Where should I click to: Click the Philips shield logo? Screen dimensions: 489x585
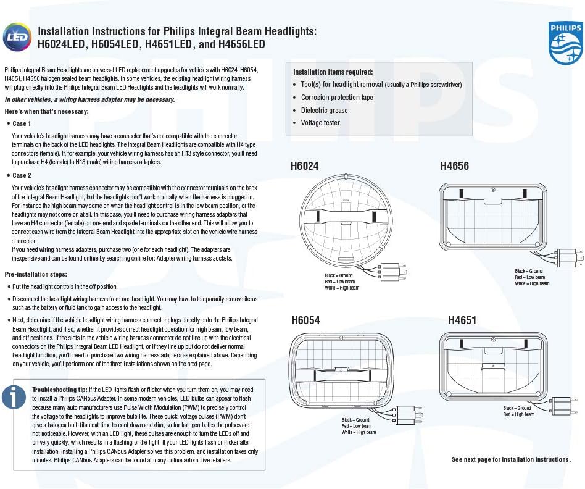tap(565, 43)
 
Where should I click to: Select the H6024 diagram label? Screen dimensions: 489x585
tap(304, 165)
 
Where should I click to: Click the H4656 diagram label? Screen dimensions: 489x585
tap(454, 165)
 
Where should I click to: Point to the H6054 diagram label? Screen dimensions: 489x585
tap(305, 320)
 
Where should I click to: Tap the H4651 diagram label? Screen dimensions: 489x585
tap(462, 320)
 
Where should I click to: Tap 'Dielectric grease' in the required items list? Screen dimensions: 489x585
tap(324, 111)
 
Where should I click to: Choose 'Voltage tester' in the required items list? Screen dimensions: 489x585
tap(320, 123)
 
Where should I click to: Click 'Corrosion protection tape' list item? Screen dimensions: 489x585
tap(337, 98)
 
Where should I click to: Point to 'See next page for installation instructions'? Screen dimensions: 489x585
tap(511, 459)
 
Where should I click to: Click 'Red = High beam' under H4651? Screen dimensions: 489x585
tap(518, 414)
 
